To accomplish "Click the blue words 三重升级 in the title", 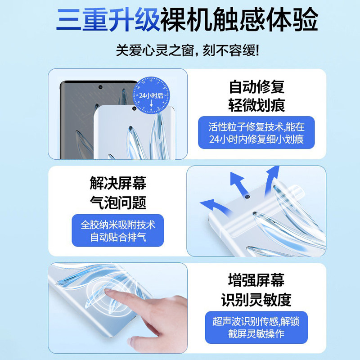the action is click(x=108, y=20).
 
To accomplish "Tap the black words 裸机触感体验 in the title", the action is click(x=239, y=20).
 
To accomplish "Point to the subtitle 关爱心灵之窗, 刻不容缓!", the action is click(x=188, y=50).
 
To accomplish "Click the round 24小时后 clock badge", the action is click(x=151, y=95).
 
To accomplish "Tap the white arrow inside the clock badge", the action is click(x=151, y=103).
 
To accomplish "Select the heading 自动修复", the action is click(x=256, y=86).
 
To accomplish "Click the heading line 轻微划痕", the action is click(x=256, y=105).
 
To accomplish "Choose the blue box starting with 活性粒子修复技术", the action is click(x=256, y=132).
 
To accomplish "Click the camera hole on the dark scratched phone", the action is click(x=100, y=87).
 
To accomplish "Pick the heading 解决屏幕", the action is click(x=118, y=183).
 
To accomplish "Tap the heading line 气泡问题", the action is click(x=118, y=202).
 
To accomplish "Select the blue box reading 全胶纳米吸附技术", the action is click(x=118, y=230).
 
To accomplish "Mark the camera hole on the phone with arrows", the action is click(x=247, y=196).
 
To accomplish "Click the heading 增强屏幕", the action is click(x=256, y=280).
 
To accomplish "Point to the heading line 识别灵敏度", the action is click(x=256, y=300).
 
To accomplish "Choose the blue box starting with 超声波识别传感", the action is click(x=256, y=328).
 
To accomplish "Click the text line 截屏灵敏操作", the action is click(x=256, y=333).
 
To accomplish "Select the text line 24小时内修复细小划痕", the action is click(x=256, y=139).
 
